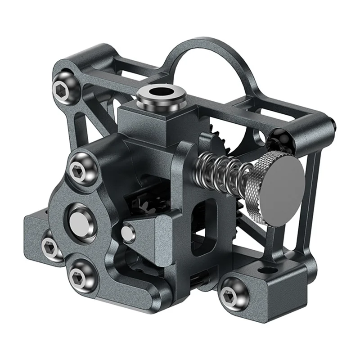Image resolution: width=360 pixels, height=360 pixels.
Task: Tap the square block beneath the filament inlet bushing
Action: point(144,119)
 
